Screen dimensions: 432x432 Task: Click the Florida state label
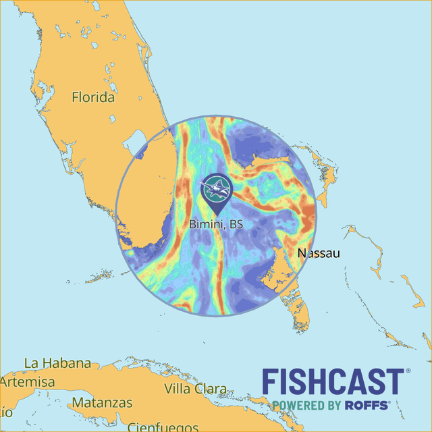[x=93, y=97]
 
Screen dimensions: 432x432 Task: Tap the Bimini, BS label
[x=216, y=223]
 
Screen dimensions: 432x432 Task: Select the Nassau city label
[x=319, y=253]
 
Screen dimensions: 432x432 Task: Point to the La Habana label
[x=57, y=363]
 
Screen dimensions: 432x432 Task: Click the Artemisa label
[x=28, y=382]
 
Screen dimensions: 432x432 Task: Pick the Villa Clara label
[x=195, y=389]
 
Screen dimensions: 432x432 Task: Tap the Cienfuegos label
[x=160, y=427]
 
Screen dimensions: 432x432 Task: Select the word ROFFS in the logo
[x=366, y=405]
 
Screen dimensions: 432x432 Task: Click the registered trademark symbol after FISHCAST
[x=407, y=371]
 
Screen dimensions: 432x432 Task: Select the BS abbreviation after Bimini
[x=235, y=223]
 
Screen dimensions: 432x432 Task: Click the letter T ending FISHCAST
[x=394, y=382]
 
